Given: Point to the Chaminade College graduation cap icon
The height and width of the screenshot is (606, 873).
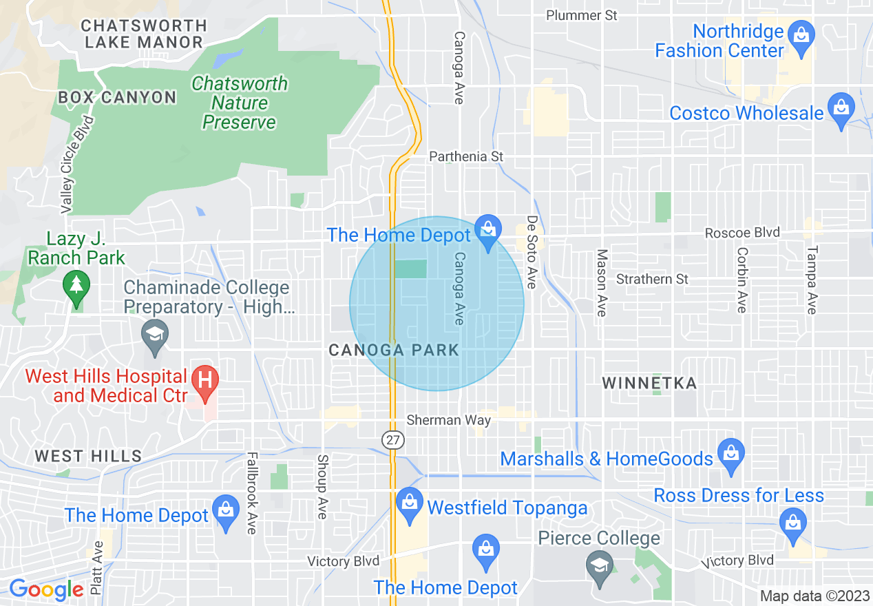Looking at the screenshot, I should [154, 336].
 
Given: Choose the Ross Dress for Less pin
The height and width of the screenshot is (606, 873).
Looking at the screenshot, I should [794, 523].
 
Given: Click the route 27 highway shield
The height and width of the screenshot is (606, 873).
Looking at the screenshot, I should [392, 439].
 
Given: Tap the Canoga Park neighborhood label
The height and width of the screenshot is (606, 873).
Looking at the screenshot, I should [394, 350].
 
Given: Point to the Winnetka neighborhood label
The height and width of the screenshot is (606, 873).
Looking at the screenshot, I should [649, 383].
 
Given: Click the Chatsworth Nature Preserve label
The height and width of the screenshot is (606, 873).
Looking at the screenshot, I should [239, 103].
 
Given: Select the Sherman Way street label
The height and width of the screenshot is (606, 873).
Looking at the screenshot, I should [449, 420].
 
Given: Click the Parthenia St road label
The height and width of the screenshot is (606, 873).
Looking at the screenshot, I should [466, 157].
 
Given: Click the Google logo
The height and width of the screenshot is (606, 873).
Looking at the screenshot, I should [46, 589].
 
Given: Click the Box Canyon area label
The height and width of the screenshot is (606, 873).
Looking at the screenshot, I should [117, 97].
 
